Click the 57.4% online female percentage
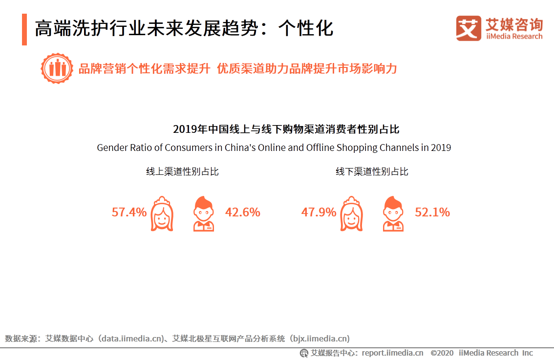click(x=129, y=212)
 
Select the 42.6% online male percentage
click(x=242, y=212)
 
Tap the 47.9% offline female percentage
click(x=319, y=212)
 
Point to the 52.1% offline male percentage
click(x=432, y=212)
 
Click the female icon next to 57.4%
click(x=162, y=213)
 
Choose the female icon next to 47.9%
click(x=351, y=213)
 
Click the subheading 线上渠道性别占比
click(x=182, y=171)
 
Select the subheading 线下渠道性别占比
click(x=372, y=171)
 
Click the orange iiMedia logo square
click(x=469, y=28)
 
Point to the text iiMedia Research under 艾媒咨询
click(x=514, y=37)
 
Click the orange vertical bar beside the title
click(x=24, y=30)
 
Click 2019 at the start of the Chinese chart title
click(x=184, y=129)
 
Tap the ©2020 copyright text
click(x=442, y=353)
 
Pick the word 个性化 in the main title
click(x=306, y=29)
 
